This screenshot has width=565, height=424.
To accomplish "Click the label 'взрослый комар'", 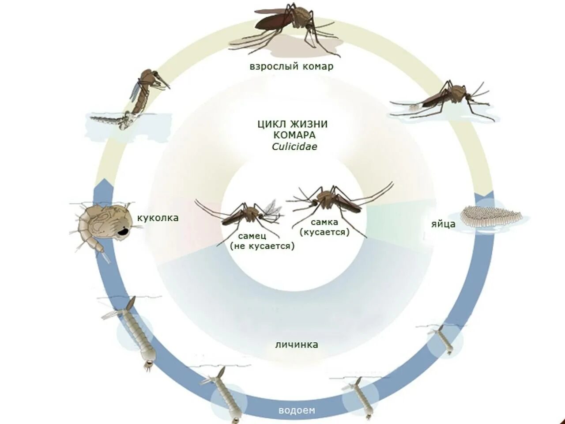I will tap(291, 67).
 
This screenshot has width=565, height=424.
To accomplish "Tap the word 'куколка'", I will tap(158, 218).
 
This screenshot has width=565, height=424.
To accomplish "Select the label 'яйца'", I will tap(443, 224).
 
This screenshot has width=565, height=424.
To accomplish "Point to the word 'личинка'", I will tap(297, 344).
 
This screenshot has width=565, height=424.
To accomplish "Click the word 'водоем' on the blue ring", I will tap(297, 410).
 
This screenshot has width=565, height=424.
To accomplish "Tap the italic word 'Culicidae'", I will tap(294, 147).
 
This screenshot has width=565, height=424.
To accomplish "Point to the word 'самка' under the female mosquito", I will tap(324, 222).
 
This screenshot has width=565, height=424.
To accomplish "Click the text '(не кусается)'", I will tap(262, 246).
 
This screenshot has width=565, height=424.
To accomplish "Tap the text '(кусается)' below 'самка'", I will tap(324, 232).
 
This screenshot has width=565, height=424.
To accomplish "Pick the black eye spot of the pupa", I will tap(123, 231).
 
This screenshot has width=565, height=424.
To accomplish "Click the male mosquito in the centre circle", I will tap(247, 214).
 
